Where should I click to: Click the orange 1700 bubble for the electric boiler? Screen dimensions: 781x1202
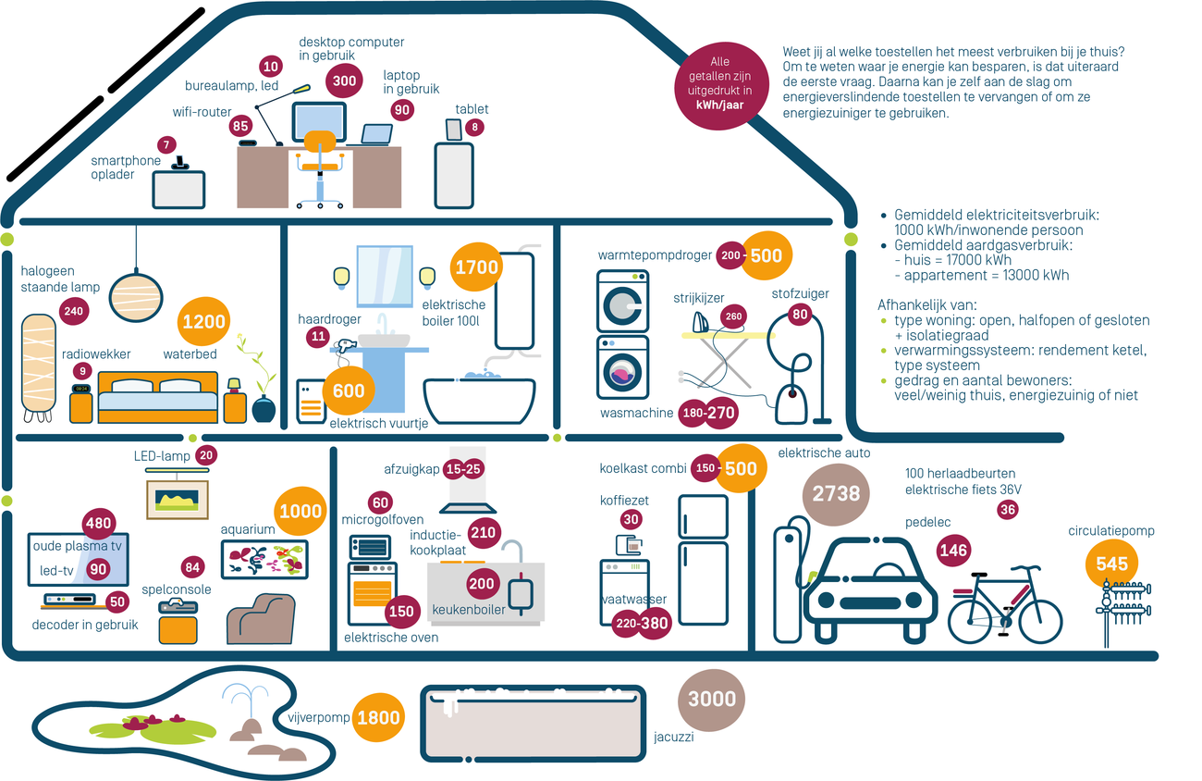pyautogui.click(x=475, y=267)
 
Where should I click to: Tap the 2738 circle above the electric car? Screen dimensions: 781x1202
pyautogui.click(x=836, y=493)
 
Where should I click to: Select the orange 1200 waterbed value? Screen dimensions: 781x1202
pyautogui.click(x=204, y=322)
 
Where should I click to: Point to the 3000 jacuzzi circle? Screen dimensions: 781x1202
pyautogui.click(x=712, y=700)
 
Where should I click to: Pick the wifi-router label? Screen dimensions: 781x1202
pyautogui.click(x=202, y=112)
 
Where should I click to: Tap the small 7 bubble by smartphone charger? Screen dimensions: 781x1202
pyautogui.click(x=166, y=144)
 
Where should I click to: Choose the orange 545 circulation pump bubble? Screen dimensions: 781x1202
pyautogui.click(x=1112, y=564)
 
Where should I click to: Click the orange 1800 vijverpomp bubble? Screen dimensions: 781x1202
pyautogui.click(x=378, y=718)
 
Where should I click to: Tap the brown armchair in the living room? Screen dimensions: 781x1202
pyautogui.click(x=262, y=618)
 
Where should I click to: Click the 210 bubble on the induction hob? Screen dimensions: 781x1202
pyautogui.click(x=483, y=532)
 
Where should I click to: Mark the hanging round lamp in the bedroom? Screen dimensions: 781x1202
pyautogui.click(x=136, y=294)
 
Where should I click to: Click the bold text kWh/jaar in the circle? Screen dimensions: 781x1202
pyautogui.click(x=720, y=105)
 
